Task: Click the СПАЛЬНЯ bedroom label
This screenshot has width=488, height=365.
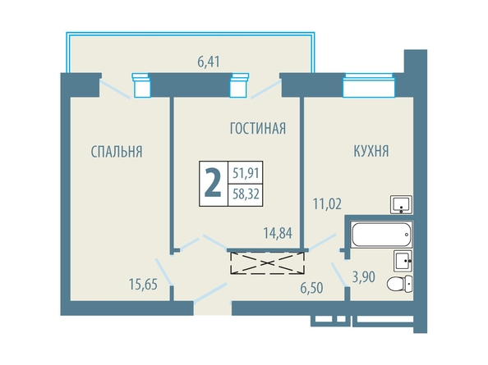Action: tap(117, 152)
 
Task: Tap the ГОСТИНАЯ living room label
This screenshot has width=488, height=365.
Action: tap(258, 128)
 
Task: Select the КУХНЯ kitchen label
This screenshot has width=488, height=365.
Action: tap(371, 151)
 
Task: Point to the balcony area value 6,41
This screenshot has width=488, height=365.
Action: tap(209, 62)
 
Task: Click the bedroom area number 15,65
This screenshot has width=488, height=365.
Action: tap(143, 285)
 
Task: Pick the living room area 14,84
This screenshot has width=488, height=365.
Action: tap(278, 233)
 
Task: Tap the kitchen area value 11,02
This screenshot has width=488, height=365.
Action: tap(327, 204)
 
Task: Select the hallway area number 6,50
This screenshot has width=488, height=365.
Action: tap(311, 288)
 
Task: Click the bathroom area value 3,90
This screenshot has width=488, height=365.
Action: tap(363, 276)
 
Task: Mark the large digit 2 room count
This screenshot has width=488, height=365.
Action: tap(213, 184)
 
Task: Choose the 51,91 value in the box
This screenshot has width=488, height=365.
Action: tap(246, 173)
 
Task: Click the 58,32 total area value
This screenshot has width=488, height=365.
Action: tap(246, 194)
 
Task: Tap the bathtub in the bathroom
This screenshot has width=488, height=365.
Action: tap(381, 235)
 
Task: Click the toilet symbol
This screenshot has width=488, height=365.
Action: tap(399, 283)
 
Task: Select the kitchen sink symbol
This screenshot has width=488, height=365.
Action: tap(402, 205)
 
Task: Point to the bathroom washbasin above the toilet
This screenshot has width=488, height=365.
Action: tap(403, 261)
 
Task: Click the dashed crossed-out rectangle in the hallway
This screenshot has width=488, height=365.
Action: tap(267, 263)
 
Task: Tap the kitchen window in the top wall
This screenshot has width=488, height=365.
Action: tap(369, 85)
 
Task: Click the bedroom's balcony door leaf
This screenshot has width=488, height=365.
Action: tap(115, 89)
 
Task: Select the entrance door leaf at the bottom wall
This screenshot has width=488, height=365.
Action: tap(210, 292)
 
